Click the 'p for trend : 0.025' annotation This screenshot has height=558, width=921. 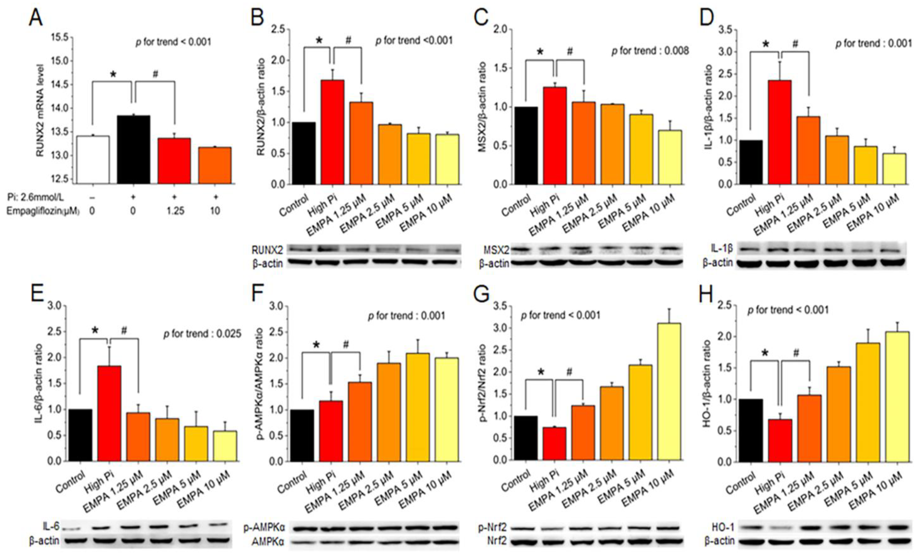pyautogui.click(x=202, y=334)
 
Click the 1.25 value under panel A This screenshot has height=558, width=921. pyautogui.click(x=175, y=211)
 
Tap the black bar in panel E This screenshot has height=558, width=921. pyautogui.click(x=80, y=435)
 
